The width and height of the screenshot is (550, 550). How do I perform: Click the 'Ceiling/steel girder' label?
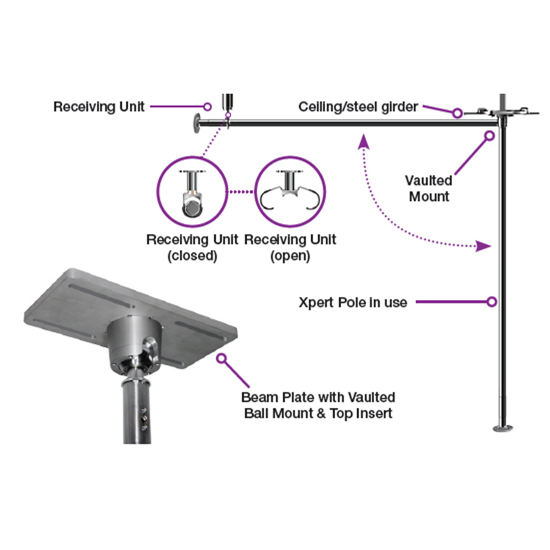point(358,107)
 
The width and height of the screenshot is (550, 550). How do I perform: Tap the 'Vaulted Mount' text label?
point(429,188)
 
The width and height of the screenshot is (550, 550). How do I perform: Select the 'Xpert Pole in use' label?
point(353,302)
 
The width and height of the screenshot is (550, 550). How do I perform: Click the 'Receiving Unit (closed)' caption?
point(192,248)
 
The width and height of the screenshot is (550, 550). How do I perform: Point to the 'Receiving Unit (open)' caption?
point(290,248)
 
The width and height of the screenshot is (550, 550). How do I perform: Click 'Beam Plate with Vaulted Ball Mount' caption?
point(318,405)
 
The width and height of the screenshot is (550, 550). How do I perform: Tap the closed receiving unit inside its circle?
point(192,194)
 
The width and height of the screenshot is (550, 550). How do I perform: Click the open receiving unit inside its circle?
point(290,190)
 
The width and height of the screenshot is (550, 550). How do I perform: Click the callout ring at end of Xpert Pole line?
point(492,301)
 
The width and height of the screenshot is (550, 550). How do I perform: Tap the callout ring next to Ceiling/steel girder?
point(457,113)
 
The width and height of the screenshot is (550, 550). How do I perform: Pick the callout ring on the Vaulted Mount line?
point(489,136)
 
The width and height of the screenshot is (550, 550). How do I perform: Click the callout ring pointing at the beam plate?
point(222,359)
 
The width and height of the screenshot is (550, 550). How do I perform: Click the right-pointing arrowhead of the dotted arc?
point(483,246)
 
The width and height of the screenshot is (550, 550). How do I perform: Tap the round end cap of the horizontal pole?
point(197,123)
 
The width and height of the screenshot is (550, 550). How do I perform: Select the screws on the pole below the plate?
point(144,419)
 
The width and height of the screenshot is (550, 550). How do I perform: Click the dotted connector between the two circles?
point(241,192)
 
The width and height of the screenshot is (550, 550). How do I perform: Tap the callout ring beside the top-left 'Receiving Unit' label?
point(207,106)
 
